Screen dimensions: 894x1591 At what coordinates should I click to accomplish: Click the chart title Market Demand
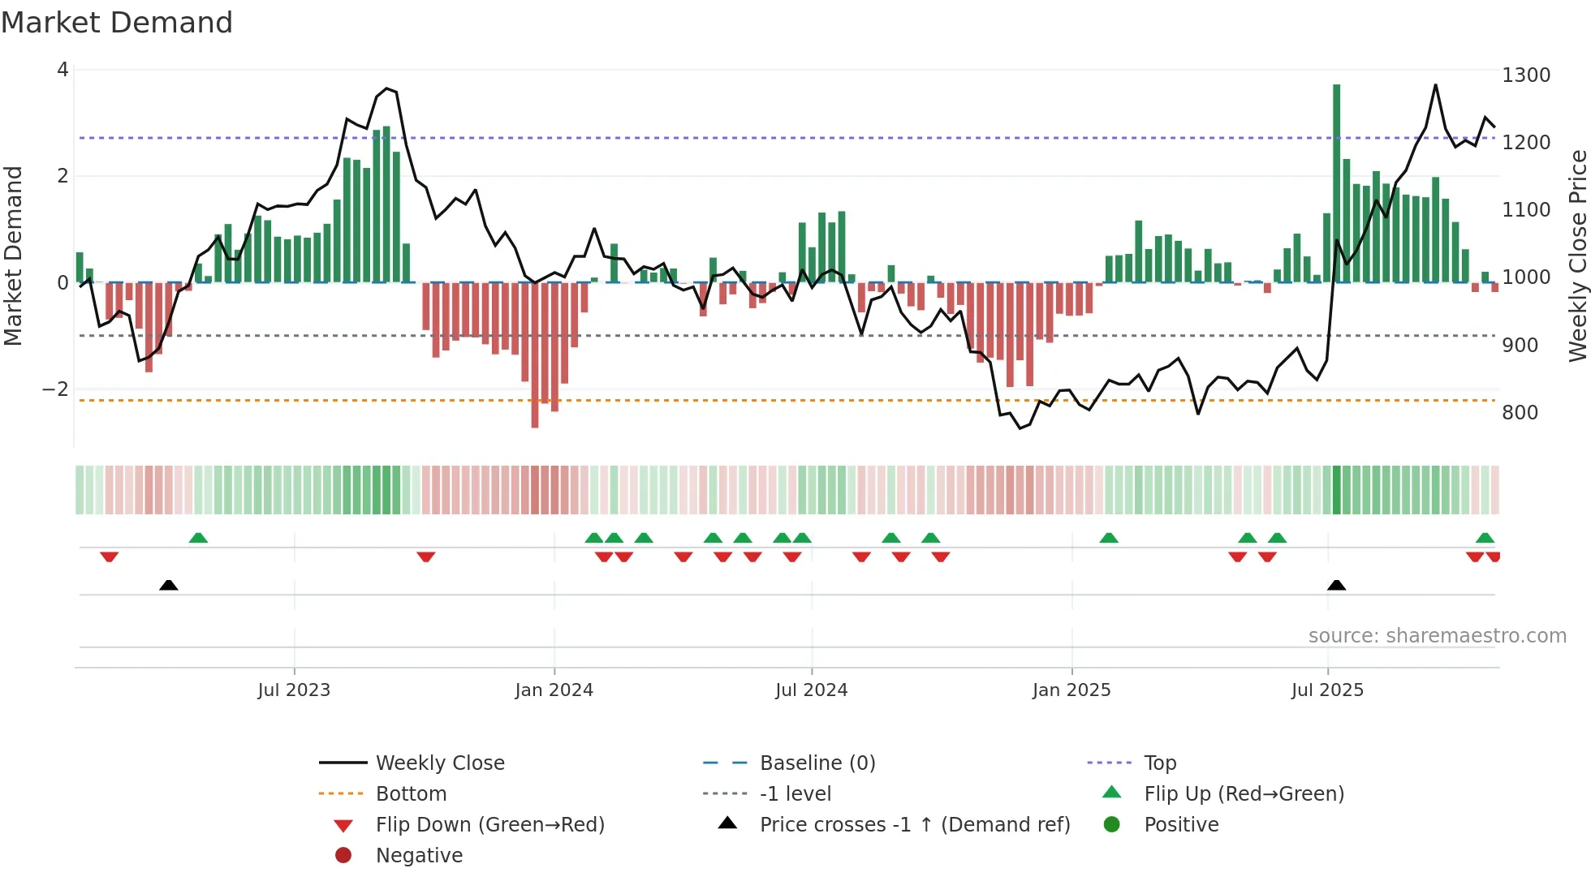[117, 23]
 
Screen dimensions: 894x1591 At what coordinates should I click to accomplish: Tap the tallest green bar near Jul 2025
[1336, 183]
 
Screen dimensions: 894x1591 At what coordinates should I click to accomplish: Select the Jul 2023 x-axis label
[294, 690]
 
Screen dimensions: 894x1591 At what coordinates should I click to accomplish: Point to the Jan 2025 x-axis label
[1071, 690]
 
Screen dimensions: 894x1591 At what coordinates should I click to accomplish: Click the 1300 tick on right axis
[1526, 75]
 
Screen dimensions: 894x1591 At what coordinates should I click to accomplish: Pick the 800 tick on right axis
[1520, 413]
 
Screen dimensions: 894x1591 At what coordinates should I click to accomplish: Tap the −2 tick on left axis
[56, 389]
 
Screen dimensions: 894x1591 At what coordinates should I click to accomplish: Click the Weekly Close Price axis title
[1577, 256]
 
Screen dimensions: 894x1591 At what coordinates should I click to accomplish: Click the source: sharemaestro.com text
[1437, 636]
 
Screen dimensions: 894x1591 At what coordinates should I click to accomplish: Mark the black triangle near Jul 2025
[1336, 585]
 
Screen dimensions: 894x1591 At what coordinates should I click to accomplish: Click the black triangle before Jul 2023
[169, 585]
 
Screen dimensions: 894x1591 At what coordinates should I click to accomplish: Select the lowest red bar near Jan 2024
[535, 355]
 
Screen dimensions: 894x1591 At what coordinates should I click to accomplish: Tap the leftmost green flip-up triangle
[198, 538]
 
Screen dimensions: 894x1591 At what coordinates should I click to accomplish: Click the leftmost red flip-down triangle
[110, 557]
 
